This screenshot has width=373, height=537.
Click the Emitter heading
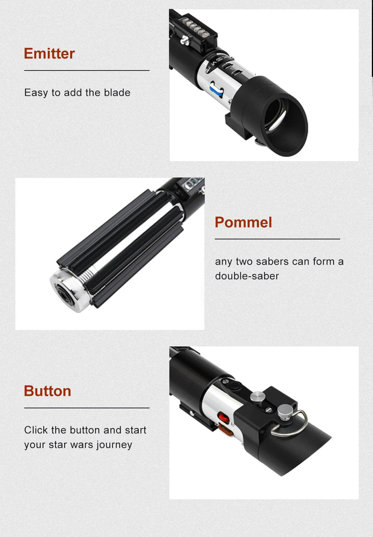pyautogui.click(x=49, y=53)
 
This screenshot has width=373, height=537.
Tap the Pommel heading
pyautogui.click(x=243, y=222)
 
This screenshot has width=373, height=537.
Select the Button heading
pyautogui.click(x=47, y=391)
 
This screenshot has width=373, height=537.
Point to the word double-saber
pyautogui.click(x=247, y=276)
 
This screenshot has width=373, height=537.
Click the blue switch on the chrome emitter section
pyautogui.click(x=216, y=90)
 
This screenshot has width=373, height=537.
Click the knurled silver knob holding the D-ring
pyautogui.click(x=285, y=412)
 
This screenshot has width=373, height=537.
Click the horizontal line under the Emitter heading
pyautogui.click(x=87, y=70)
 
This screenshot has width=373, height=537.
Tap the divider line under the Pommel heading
pyautogui.click(x=278, y=239)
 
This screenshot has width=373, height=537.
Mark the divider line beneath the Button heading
pyautogui.click(x=87, y=408)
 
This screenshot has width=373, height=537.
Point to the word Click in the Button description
pyautogui.click(x=36, y=430)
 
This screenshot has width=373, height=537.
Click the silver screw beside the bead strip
pyautogui.click(x=185, y=40)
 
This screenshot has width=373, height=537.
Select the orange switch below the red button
pyautogui.click(x=226, y=430)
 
